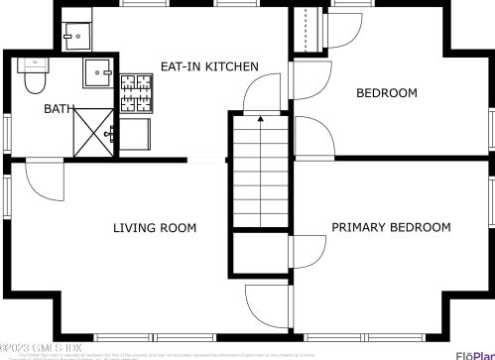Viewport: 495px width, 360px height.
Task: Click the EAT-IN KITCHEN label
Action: (209, 66)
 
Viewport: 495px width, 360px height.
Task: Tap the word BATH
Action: (58, 109)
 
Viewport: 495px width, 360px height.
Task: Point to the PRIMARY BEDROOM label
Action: (391, 227)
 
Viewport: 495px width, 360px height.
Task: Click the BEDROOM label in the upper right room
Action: (387, 93)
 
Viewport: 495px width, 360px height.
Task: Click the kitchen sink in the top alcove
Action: (72, 38)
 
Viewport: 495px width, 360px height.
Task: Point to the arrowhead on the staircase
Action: (260, 119)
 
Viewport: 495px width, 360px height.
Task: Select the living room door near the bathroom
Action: (42, 180)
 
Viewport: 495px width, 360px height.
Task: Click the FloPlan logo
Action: (474, 354)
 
